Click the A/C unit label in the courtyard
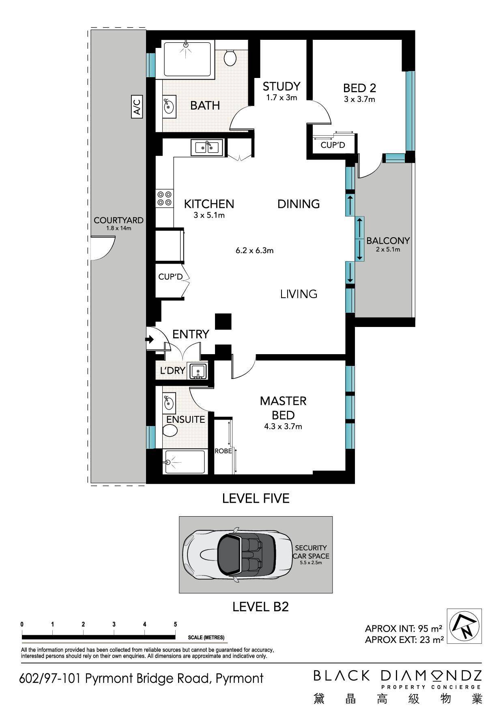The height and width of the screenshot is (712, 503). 137,106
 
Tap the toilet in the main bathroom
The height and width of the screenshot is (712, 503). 230,58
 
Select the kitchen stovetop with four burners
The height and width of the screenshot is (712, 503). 164,198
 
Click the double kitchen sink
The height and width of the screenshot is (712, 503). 207,147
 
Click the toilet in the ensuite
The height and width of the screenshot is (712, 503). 170,431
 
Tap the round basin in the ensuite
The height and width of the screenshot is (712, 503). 169,403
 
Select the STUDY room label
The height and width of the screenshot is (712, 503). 281,86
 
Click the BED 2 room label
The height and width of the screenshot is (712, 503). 359,88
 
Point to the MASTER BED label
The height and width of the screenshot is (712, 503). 283,408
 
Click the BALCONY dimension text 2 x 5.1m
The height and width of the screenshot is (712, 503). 388,249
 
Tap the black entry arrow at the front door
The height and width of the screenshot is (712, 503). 150,339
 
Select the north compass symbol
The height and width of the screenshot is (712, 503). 464,626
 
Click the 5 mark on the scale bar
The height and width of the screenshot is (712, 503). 175,624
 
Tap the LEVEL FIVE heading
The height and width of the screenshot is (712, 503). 256,498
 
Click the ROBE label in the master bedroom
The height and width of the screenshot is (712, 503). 223,451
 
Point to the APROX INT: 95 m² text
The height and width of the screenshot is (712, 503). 403,628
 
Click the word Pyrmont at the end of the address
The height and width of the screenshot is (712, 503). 239,678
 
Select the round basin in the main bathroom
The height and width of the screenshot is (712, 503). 169,107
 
